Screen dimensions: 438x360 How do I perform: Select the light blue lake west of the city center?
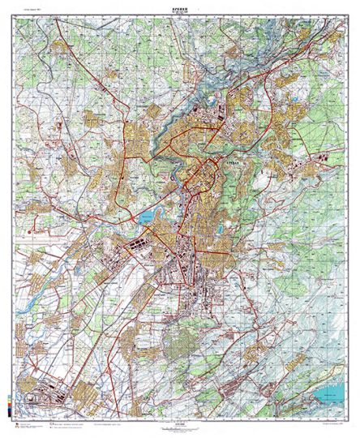146,217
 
